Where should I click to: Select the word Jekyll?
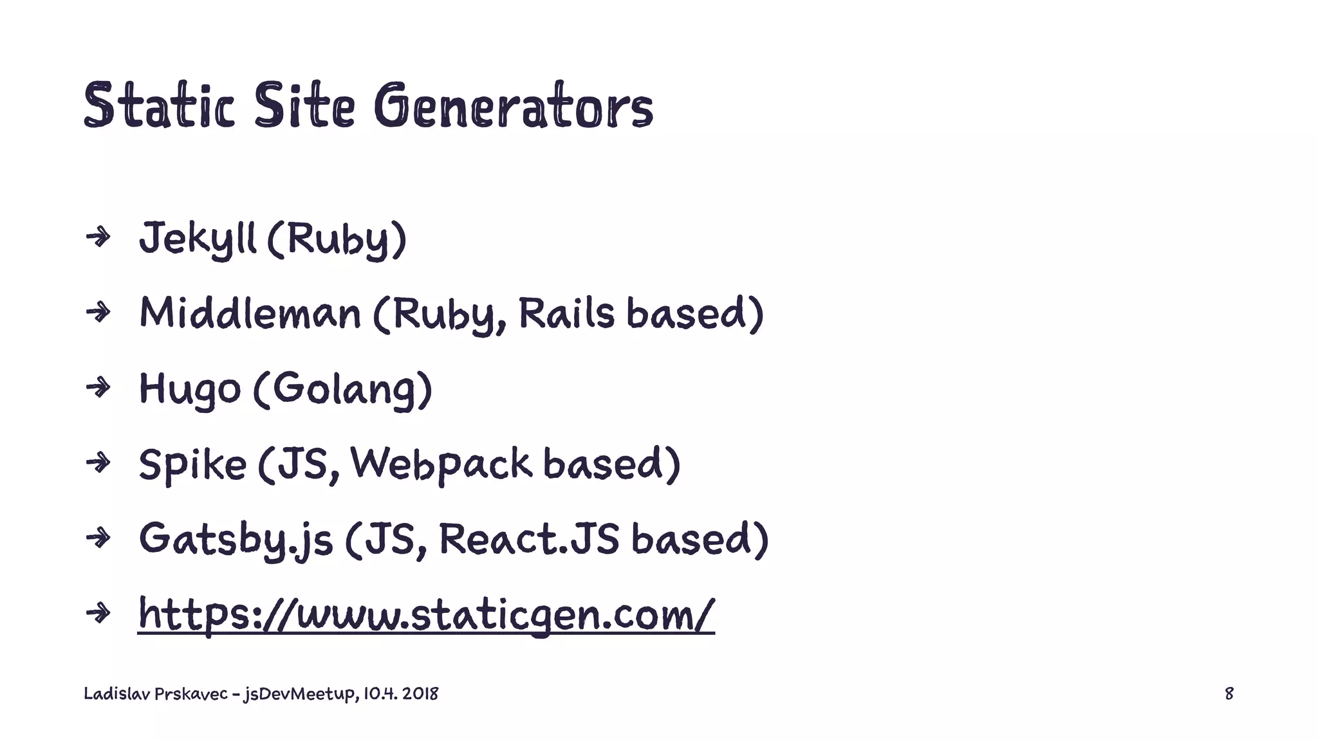coord(198,239)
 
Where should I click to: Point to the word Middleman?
coord(250,314)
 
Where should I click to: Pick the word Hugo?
coord(190,389)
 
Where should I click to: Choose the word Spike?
coord(192,464)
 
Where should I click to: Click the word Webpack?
coord(441,464)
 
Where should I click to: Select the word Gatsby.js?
coord(236,539)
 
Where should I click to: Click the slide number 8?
coord(1229,693)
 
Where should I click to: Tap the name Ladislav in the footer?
coord(116,693)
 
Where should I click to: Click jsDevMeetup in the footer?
coord(299,694)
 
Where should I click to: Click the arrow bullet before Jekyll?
coord(98,238)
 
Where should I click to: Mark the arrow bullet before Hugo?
coord(98,388)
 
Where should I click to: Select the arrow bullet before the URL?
coord(98,613)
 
